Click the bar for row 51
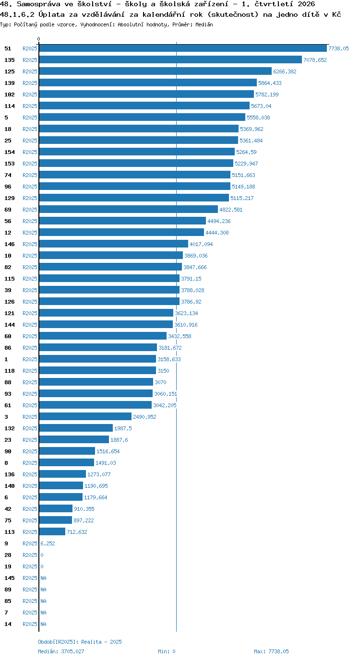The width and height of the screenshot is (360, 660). [183, 48]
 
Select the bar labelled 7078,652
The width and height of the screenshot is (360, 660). [170, 60]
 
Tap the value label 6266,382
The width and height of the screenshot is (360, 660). [285, 71]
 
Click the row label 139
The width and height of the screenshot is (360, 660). [10, 83]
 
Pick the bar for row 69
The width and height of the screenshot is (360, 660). [129, 210]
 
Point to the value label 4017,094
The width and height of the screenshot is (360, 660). [201, 244]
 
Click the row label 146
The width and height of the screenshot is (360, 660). [10, 244]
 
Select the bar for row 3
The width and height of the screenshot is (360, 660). [85, 417]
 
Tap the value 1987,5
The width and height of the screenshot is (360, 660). [123, 428]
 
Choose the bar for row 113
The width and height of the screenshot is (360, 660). [52, 532]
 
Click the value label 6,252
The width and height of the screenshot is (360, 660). [48, 543]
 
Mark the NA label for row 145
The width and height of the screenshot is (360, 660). [43, 578]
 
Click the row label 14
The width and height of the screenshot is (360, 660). [8, 624]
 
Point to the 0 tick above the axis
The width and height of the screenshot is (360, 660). [38, 39]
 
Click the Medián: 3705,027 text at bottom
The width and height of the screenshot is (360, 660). [61, 651]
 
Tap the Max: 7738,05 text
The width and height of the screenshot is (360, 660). [271, 651]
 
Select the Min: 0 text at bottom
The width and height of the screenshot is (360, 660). [167, 651]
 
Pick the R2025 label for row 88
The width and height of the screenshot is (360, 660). [30, 382]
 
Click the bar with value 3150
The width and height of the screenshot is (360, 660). [97, 371]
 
